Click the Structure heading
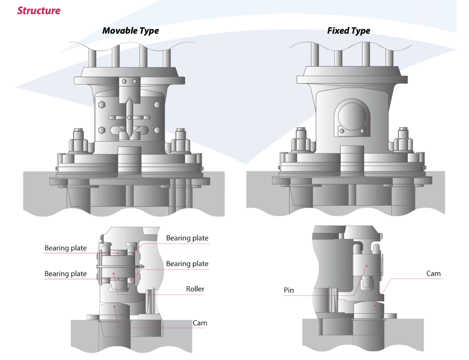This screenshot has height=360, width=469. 38,10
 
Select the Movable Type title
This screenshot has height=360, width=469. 131,31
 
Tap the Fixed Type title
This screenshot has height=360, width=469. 349,31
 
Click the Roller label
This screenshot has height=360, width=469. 195,289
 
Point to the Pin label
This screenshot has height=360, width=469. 289,290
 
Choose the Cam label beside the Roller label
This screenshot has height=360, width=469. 200,323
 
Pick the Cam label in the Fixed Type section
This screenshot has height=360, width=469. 433,273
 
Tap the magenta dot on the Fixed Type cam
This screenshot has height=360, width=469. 376,304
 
